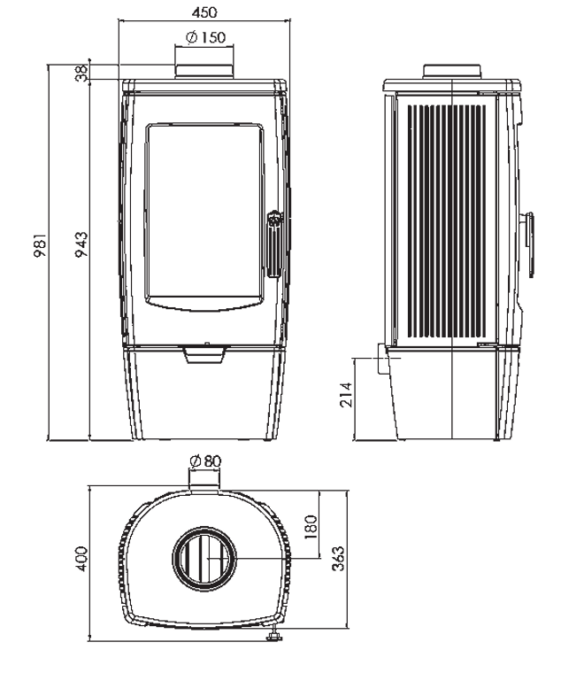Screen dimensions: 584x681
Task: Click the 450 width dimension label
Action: pos(204,12)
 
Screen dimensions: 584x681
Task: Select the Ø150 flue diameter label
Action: pos(205,37)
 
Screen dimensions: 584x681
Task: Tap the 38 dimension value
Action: pos(81,72)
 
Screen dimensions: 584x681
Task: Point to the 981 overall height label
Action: pos(40,245)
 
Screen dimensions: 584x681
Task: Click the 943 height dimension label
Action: pos(81,244)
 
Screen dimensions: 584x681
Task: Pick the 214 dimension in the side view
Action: pos(346,394)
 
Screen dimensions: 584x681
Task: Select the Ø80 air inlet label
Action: pos(205,460)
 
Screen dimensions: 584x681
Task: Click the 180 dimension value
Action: pos(311,527)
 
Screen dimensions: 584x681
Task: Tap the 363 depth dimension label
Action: pos(337,558)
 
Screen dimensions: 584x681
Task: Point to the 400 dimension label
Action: pos(81,559)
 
